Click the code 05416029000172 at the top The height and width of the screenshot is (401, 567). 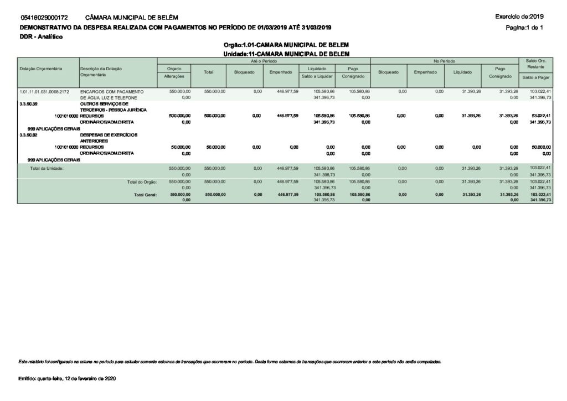pos(44,18)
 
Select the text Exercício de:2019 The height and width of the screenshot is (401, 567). pos(520,17)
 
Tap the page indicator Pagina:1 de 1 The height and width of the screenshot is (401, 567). pos(524,27)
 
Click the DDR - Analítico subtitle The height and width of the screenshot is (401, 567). pos(41,36)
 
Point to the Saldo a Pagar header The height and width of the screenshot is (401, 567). pos(535,77)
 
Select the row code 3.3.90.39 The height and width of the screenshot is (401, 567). pos(29,103)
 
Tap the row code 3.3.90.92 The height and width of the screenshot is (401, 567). pos(29,134)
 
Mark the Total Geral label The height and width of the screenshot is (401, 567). pos(145,195)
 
